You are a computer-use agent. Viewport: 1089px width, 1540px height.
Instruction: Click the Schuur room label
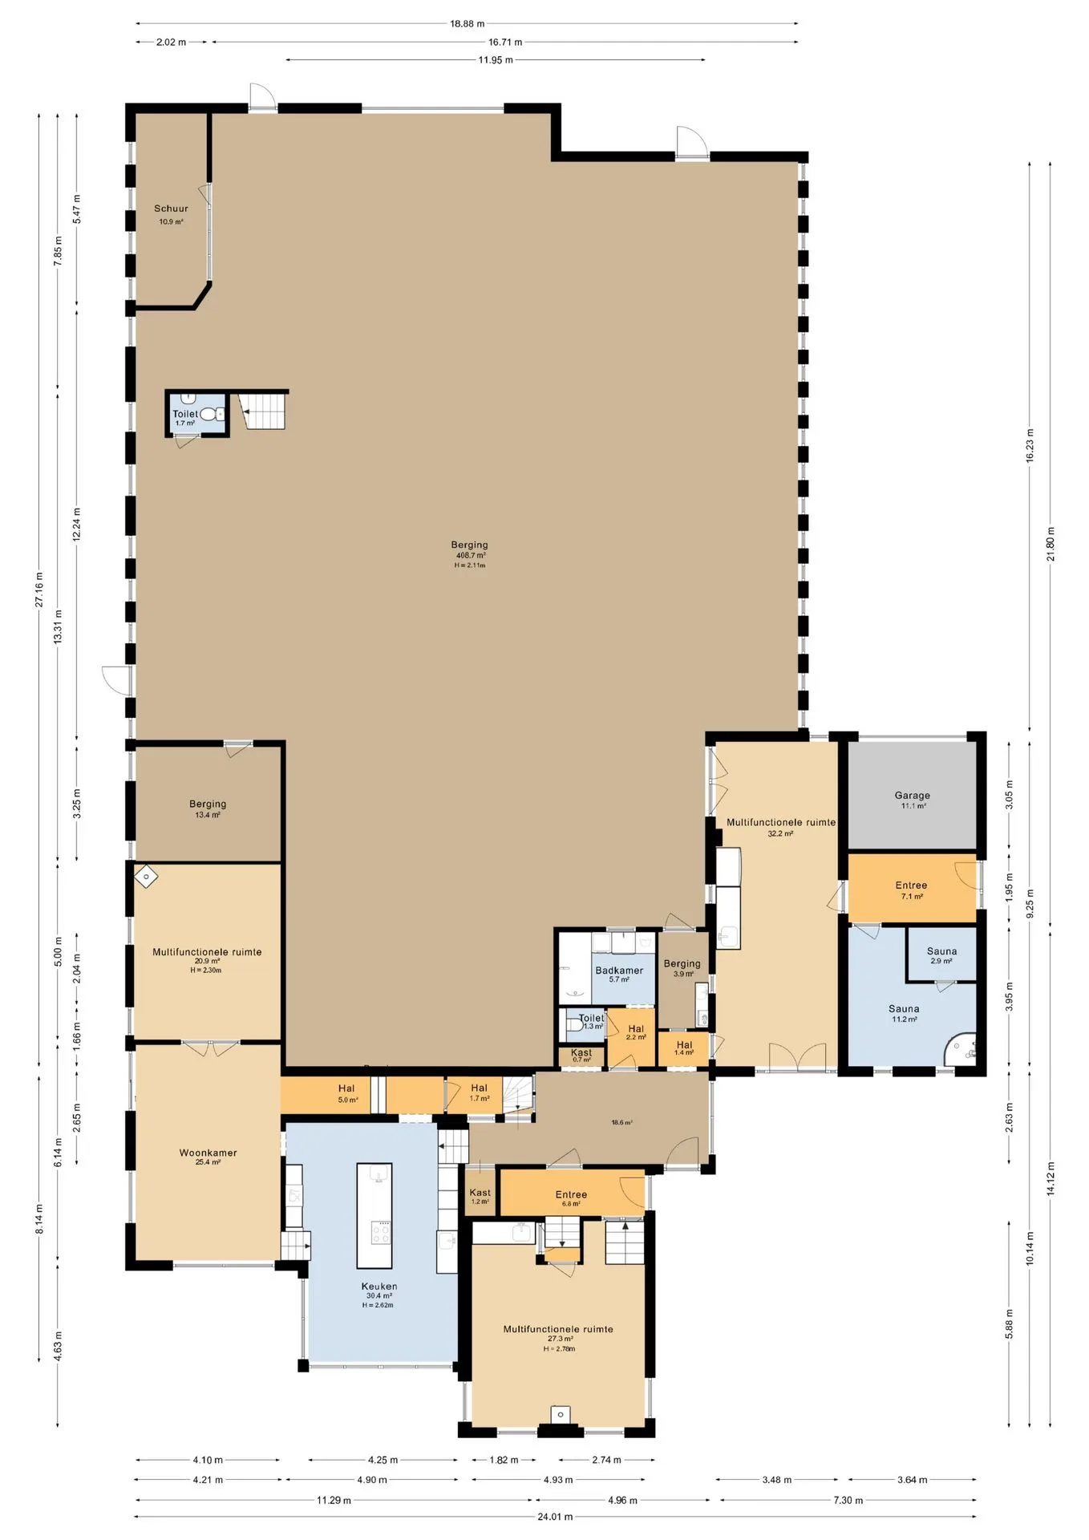(x=171, y=209)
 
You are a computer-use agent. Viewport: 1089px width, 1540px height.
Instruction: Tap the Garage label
(x=912, y=796)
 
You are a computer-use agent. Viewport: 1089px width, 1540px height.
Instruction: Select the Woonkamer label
(x=208, y=1153)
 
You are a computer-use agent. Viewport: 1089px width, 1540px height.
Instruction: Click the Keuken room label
(x=379, y=1286)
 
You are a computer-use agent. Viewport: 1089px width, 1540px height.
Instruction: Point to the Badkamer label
(x=619, y=971)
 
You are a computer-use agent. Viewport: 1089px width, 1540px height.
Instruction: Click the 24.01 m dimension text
(x=555, y=1517)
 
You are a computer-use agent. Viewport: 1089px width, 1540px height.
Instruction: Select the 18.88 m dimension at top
(x=467, y=23)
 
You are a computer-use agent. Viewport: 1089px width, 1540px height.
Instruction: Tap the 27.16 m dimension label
(x=38, y=590)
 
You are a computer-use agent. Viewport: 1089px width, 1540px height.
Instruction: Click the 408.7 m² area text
(x=471, y=555)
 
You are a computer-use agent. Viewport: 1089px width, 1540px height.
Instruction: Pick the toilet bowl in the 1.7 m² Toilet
(x=210, y=414)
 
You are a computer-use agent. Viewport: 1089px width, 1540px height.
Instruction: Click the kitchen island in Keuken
(x=374, y=1215)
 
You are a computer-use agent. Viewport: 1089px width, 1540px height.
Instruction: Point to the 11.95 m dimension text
(x=496, y=60)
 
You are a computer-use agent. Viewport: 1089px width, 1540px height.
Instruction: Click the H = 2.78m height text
(x=559, y=1349)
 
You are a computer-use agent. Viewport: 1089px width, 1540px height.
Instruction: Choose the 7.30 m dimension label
(x=848, y=1500)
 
